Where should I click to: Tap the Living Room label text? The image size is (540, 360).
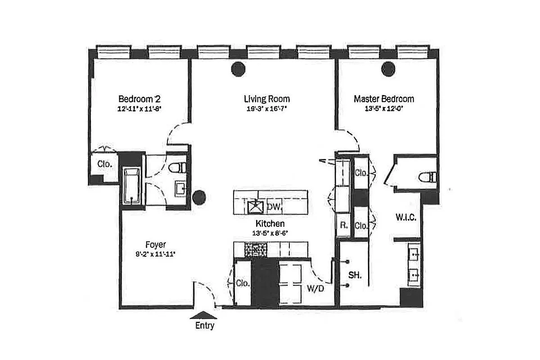coord(267,99)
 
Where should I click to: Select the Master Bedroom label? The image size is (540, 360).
coord(384,99)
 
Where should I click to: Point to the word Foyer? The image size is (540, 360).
coord(155,245)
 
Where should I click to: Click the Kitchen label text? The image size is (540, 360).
coord(270,224)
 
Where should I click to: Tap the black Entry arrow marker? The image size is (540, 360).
coord(204,315)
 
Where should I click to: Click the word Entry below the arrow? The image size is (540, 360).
coord(204,326)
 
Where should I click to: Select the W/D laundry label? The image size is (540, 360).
coord(315,288)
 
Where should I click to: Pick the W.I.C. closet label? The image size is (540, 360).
coord(405,217)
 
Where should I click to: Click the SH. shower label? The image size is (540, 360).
coord(356,274)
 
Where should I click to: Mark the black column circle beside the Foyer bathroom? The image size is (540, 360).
coord(199,197)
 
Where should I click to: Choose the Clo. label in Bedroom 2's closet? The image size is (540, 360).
coord(104,164)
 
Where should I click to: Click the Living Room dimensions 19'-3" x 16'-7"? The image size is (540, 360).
coord(267,108)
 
